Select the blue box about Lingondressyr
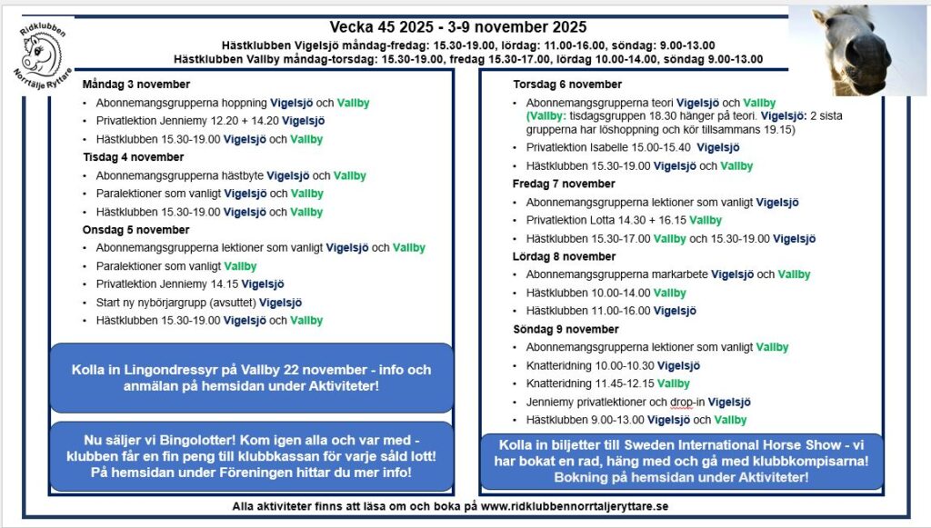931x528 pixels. coord(252,377)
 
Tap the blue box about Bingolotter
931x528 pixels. coord(252,451)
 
